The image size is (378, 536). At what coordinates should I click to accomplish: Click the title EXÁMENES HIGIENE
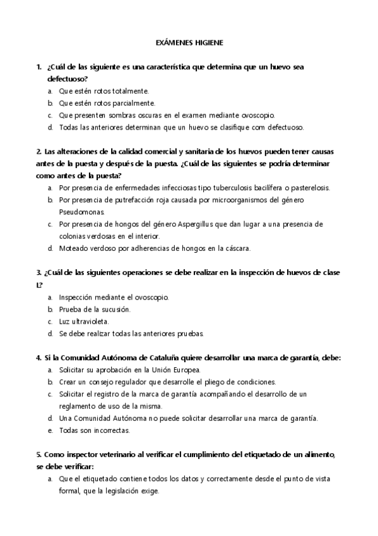189,43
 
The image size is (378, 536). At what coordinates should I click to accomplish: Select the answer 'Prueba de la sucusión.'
95,309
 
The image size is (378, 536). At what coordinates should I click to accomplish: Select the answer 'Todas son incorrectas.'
94,430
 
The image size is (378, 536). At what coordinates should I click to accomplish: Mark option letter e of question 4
50,430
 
